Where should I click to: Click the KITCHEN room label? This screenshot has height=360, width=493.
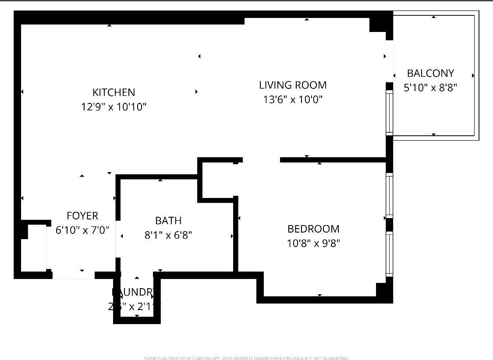pyautogui.click(x=113, y=92)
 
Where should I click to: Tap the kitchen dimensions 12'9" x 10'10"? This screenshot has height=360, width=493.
pyautogui.click(x=113, y=106)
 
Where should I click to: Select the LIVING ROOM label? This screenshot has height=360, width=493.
pyautogui.click(x=293, y=85)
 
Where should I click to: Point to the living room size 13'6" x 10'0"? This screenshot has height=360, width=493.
pyautogui.click(x=293, y=99)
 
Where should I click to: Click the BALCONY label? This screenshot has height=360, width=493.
pyautogui.click(x=430, y=73)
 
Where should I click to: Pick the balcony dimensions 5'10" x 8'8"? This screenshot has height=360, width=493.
pyautogui.click(x=430, y=88)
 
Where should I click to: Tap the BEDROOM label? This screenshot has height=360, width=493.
pyautogui.click(x=313, y=229)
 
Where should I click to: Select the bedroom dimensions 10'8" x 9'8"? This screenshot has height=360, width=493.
pyautogui.click(x=313, y=243)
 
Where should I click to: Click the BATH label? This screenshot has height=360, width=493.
pyautogui.click(x=168, y=221)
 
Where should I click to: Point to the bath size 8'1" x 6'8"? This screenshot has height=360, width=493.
pyautogui.click(x=168, y=235)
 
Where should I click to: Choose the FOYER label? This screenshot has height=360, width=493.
pyautogui.click(x=82, y=215)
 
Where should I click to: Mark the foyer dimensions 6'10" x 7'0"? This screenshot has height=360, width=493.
pyautogui.click(x=82, y=229)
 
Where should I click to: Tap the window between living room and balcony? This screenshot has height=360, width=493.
pyautogui.click(x=389, y=112)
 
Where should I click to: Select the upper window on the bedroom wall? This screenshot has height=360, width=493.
pyautogui.click(x=389, y=195)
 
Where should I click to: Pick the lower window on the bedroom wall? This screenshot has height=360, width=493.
pyautogui.click(x=389, y=254)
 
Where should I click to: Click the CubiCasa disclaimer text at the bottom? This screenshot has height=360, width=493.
pyautogui.click(x=246, y=358)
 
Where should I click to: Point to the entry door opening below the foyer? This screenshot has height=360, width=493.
pyautogui.click(x=73, y=275)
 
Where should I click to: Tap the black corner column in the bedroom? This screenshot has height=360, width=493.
pyautogui.click(x=383, y=290)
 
